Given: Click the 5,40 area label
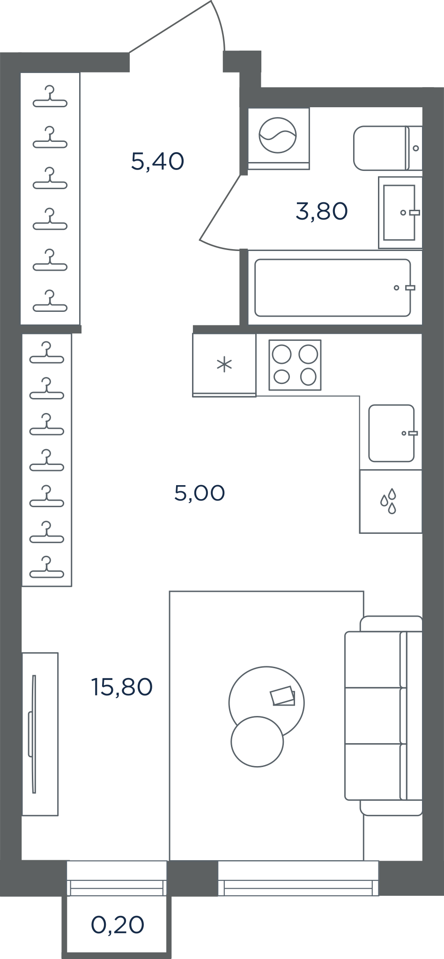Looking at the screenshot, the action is click(x=157, y=162).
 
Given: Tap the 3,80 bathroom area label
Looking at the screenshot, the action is click(x=322, y=211).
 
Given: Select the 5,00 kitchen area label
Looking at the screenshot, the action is click(x=200, y=493).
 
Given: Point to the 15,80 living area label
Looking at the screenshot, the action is click(x=122, y=687).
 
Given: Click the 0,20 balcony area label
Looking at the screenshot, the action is click(x=118, y=925).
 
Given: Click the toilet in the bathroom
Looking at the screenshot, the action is click(x=388, y=148).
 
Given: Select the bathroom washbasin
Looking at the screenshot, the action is click(x=400, y=212).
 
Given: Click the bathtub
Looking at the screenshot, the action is click(x=334, y=288).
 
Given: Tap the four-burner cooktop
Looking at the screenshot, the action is click(x=295, y=365).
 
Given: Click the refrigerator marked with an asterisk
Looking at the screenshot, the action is click(x=224, y=365).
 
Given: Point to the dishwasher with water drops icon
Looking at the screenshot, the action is click(x=391, y=502).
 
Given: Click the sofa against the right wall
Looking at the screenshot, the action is click(x=384, y=716).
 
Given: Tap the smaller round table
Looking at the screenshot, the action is click(x=257, y=742).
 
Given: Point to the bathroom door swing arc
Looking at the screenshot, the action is click(x=220, y=247).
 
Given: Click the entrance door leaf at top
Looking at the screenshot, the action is click(x=170, y=26).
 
